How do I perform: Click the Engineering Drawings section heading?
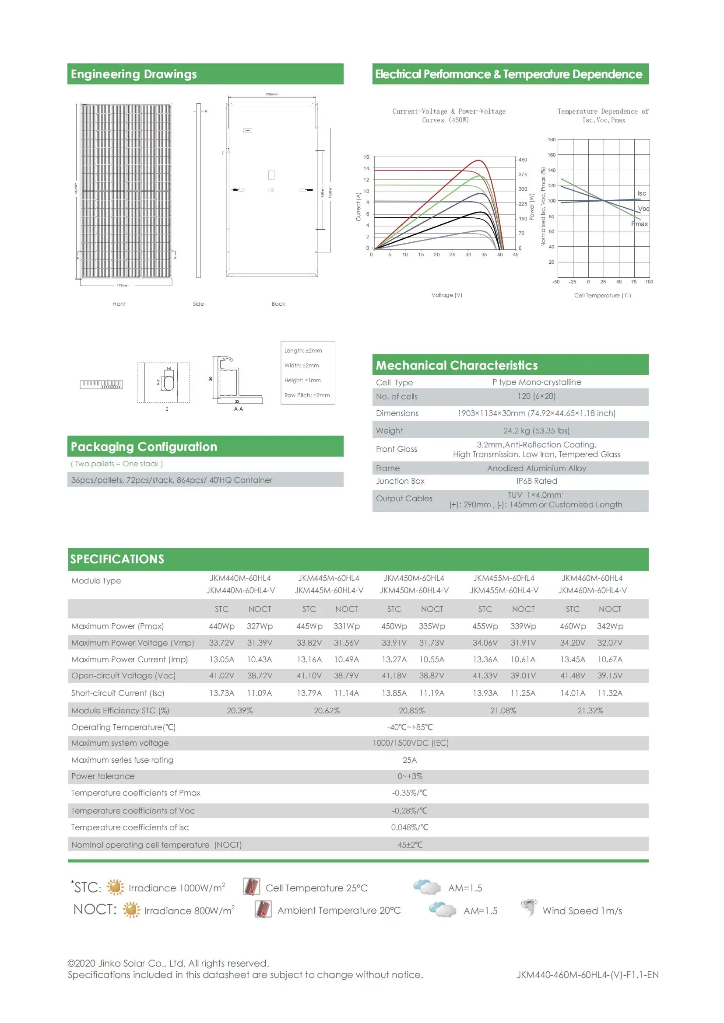click(134, 74)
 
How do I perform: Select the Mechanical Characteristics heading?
click(457, 365)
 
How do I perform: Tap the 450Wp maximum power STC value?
click(394, 626)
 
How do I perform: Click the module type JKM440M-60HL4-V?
click(240, 590)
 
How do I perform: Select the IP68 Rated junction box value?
click(536, 481)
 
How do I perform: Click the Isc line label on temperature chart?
click(641, 193)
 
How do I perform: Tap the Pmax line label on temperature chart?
click(639, 223)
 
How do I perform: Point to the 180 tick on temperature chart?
click(552, 140)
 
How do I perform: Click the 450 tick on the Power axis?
click(523, 160)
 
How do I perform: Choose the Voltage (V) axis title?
click(447, 295)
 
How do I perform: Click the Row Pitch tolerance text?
click(307, 395)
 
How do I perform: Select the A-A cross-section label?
click(239, 409)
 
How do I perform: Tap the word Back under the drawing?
click(278, 304)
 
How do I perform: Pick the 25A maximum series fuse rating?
click(409, 760)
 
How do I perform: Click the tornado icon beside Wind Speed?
click(529, 907)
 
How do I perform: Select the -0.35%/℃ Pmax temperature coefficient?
click(409, 793)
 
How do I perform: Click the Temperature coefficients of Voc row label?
click(133, 810)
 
